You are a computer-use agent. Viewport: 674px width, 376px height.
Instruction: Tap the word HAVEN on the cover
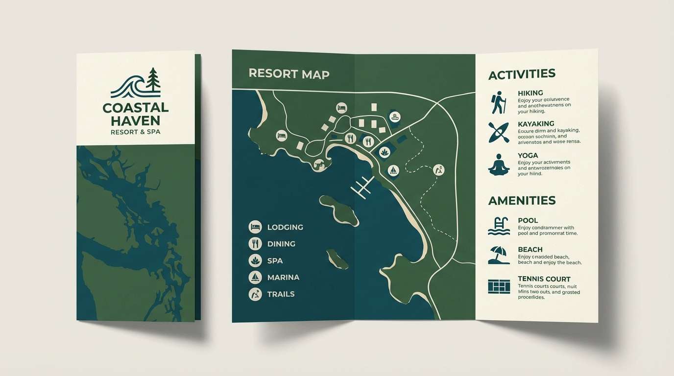[136, 120]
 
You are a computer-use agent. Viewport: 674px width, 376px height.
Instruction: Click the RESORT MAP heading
[289, 74]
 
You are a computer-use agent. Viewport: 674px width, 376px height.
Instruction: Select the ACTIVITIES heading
[522, 74]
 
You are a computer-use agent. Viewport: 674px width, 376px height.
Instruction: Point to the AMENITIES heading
[522, 200]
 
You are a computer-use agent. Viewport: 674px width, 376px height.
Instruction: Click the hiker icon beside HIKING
[498, 102]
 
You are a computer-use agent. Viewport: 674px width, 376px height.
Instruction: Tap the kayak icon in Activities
[498, 132]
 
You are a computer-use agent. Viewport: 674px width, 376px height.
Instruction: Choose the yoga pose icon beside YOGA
[499, 164]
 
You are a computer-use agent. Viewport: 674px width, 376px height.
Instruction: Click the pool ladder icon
[499, 226]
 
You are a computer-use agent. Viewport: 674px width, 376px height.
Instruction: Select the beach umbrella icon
[499, 255]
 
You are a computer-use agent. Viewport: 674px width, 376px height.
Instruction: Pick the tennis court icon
[499, 286]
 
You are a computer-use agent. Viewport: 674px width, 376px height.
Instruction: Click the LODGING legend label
[285, 227]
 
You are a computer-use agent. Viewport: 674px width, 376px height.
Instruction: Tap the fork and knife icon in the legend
[255, 243]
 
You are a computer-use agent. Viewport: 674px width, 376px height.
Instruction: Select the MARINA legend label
[283, 278]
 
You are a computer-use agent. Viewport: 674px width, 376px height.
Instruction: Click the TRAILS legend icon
[255, 294]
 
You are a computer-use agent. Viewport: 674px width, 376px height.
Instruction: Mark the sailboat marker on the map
[393, 170]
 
